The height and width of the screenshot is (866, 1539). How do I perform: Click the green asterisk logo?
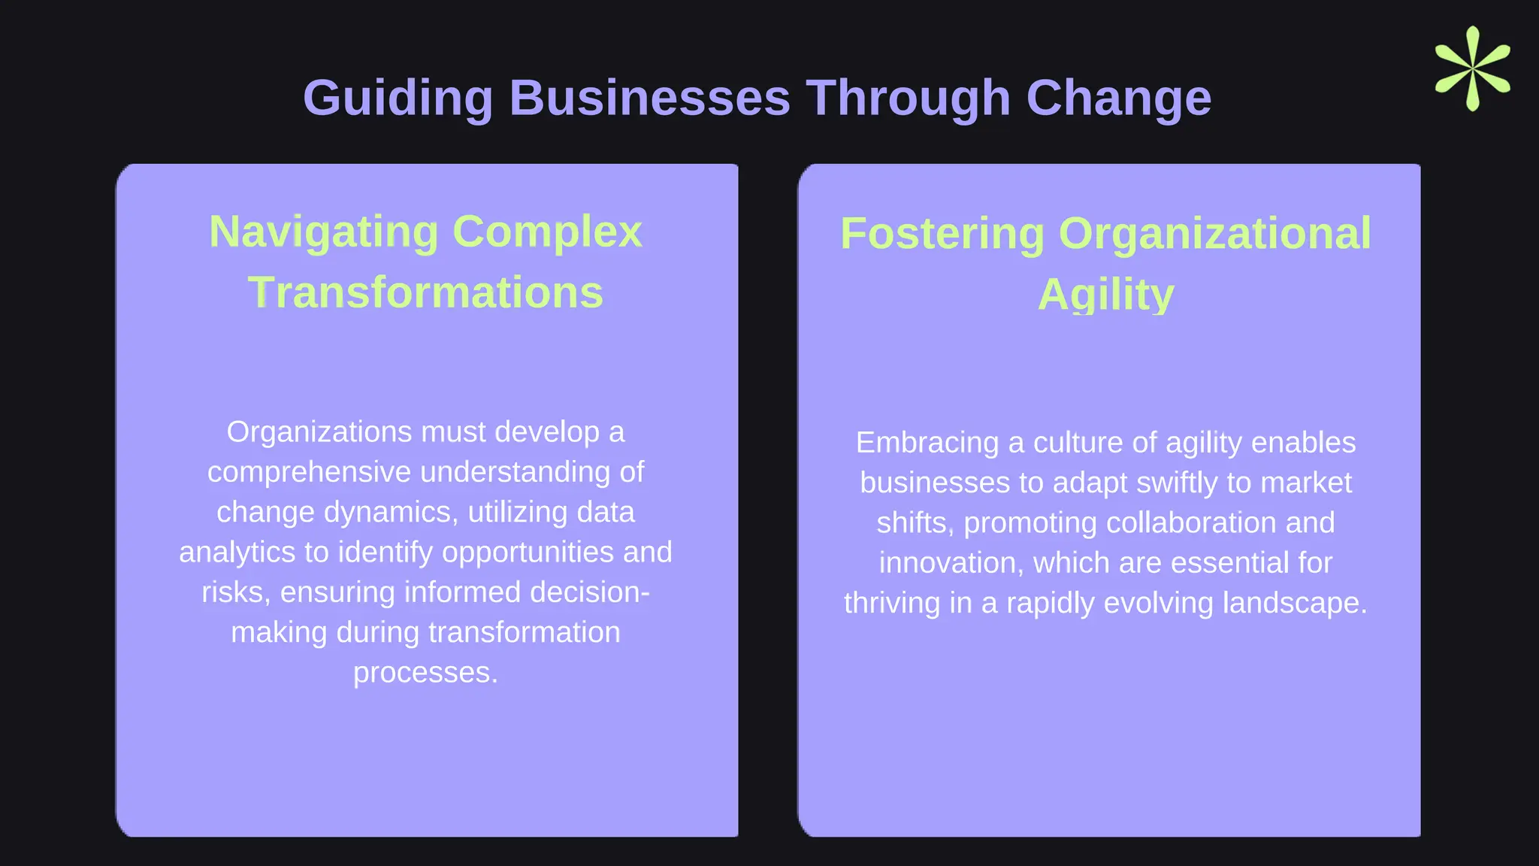coord(1472,68)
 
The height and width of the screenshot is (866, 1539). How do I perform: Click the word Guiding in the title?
coord(398,98)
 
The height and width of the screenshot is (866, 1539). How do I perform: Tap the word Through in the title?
coord(908,98)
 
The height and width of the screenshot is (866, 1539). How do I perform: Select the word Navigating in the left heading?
coord(323,232)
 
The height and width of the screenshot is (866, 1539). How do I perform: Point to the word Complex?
coord(547,232)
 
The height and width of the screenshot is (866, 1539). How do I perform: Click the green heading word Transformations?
coord(425,292)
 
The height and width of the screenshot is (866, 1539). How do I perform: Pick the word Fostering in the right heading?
coord(942,233)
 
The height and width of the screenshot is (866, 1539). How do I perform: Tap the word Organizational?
coord(1214,233)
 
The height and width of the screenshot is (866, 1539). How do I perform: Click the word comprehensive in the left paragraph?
coord(309,472)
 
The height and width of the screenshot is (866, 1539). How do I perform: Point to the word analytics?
coord(237,553)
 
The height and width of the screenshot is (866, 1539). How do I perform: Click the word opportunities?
coord(528,553)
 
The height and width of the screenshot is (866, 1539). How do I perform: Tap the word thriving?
coord(891,603)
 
